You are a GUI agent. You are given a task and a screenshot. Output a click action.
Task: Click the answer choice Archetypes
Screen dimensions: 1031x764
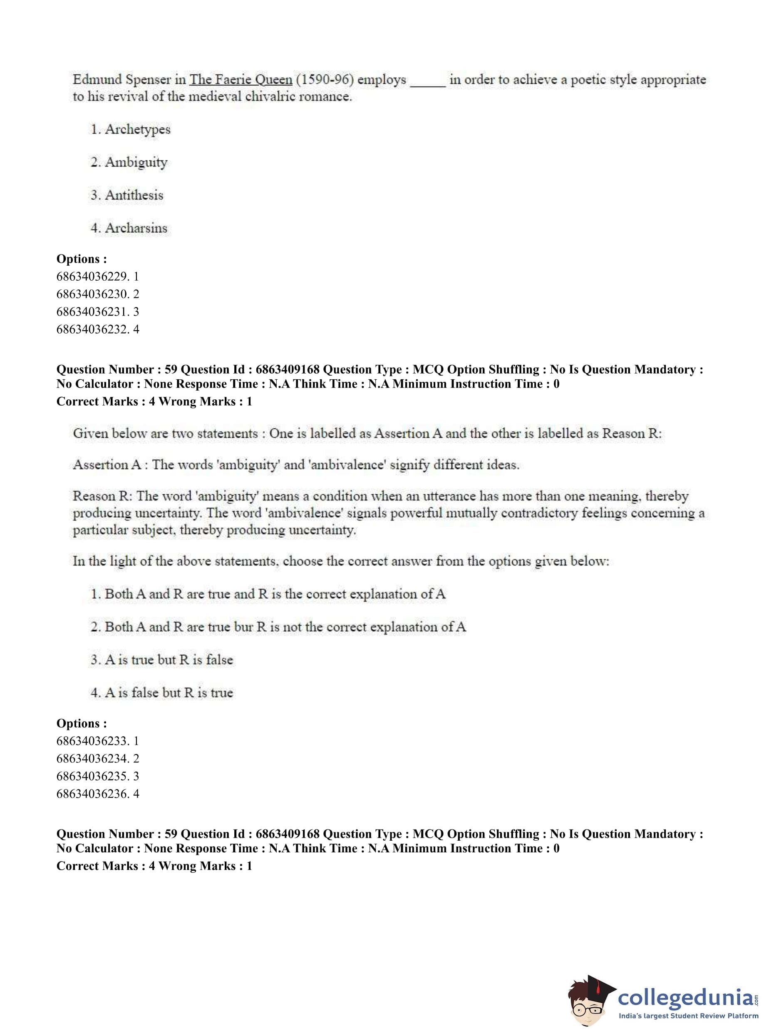[x=137, y=129]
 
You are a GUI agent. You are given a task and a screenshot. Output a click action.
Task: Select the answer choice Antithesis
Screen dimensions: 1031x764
[x=134, y=195]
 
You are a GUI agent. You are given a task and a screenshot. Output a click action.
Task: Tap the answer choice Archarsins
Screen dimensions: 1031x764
[x=136, y=228]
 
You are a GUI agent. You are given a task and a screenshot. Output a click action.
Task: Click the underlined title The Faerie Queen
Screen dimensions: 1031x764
[x=241, y=80]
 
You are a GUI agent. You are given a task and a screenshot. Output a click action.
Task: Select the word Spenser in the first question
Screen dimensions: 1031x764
[x=148, y=80]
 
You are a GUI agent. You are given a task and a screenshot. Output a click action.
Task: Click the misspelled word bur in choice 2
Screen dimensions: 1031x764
[x=244, y=627]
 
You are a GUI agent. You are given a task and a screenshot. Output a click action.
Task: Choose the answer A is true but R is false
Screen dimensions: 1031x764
[x=169, y=660]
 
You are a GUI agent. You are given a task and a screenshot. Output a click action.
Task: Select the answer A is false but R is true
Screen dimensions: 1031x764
[x=169, y=692]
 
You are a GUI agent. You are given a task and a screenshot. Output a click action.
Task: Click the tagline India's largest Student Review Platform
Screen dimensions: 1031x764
[x=688, y=1016]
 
